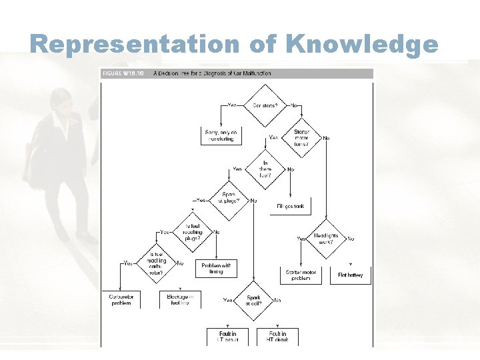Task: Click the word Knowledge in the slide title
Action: (x=362, y=44)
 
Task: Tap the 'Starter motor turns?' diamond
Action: (x=301, y=138)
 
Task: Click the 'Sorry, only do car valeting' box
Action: (x=221, y=135)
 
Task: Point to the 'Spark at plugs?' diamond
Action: (x=229, y=198)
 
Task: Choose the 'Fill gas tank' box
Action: (x=289, y=206)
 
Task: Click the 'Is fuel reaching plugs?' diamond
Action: (x=192, y=231)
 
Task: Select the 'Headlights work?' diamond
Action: (x=326, y=238)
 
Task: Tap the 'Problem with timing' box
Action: (x=216, y=268)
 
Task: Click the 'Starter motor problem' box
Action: (x=301, y=275)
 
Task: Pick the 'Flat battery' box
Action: (x=351, y=275)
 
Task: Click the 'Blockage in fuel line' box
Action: (x=179, y=299)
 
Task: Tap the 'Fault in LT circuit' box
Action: (x=228, y=336)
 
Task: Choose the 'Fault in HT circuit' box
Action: (x=277, y=336)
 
